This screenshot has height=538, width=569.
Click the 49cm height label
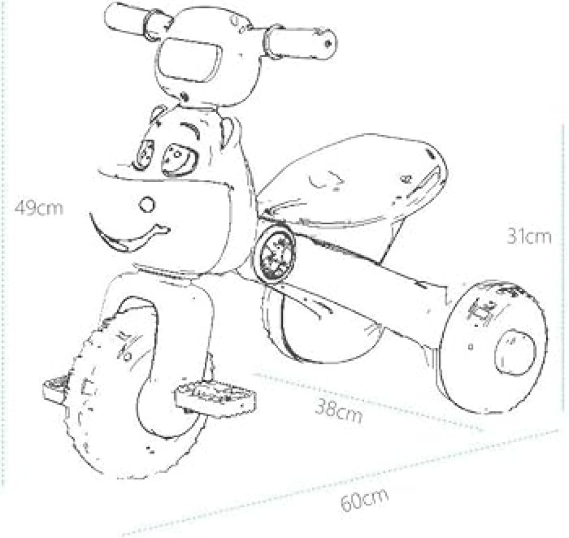pyautogui.click(x=39, y=208)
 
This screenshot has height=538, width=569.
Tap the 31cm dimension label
pyautogui.click(x=529, y=236)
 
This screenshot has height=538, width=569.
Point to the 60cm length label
pyautogui.click(x=364, y=500)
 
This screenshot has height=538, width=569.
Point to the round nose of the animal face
pyautogui.click(x=147, y=204)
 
